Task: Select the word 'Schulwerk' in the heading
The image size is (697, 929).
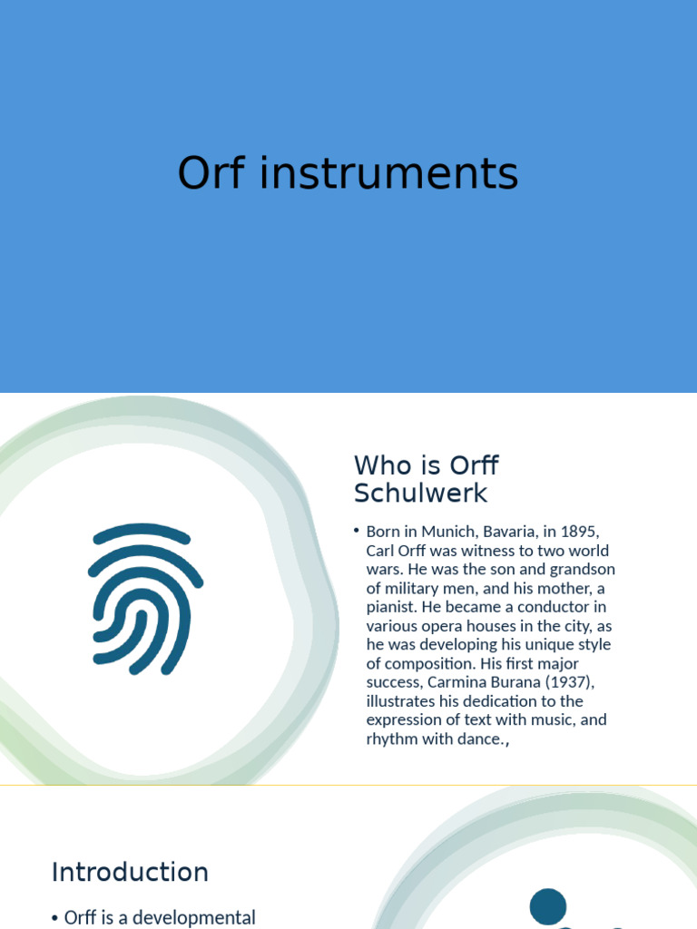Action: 420,494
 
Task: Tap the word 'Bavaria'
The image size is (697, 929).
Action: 518,532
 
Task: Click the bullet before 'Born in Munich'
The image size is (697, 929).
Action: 358,529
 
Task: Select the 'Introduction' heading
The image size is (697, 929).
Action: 130,873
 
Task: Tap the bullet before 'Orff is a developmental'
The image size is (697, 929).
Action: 55,918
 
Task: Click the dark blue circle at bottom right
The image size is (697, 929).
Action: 548,906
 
